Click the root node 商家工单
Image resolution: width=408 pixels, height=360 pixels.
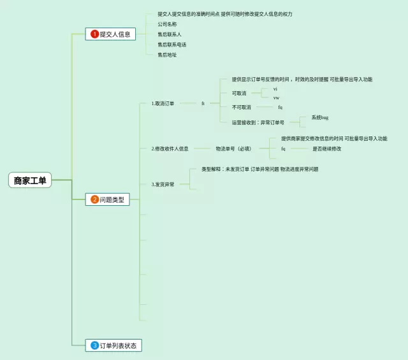(x=30, y=180)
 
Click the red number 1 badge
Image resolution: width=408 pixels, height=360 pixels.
(x=95, y=34)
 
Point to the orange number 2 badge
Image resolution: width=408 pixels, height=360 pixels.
(x=95, y=199)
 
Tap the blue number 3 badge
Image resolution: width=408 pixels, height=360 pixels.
(x=95, y=345)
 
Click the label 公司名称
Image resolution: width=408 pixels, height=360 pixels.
(x=167, y=24)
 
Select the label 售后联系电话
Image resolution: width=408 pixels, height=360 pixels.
(x=172, y=45)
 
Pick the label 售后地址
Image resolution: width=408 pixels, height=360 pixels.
(x=167, y=55)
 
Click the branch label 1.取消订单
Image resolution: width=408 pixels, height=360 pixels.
(x=163, y=103)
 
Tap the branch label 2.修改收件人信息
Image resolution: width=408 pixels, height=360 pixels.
(x=170, y=148)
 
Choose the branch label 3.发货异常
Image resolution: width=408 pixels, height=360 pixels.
(x=163, y=184)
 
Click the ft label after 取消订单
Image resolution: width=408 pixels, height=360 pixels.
(x=203, y=103)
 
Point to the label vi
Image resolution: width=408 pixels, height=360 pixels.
(x=275, y=89)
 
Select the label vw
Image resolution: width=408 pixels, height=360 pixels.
(x=276, y=97)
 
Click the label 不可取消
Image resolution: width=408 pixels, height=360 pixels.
(x=241, y=107)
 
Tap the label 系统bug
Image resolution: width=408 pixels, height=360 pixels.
(x=320, y=118)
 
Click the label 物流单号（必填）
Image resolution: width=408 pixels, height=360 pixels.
(x=233, y=148)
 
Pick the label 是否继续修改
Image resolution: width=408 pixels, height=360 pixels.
(x=326, y=148)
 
